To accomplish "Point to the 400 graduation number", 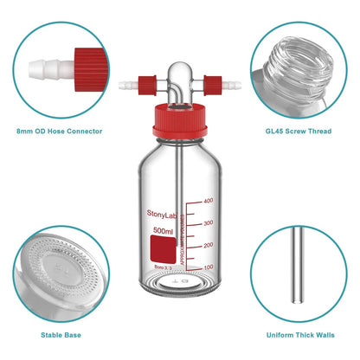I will tap(207, 201).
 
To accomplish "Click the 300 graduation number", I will tap(207, 223).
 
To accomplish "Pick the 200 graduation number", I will tap(207, 246).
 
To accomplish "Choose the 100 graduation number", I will tap(207, 268).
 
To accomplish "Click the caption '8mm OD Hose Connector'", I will tap(59, 131).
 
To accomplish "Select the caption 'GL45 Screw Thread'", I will tap(300, 131).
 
